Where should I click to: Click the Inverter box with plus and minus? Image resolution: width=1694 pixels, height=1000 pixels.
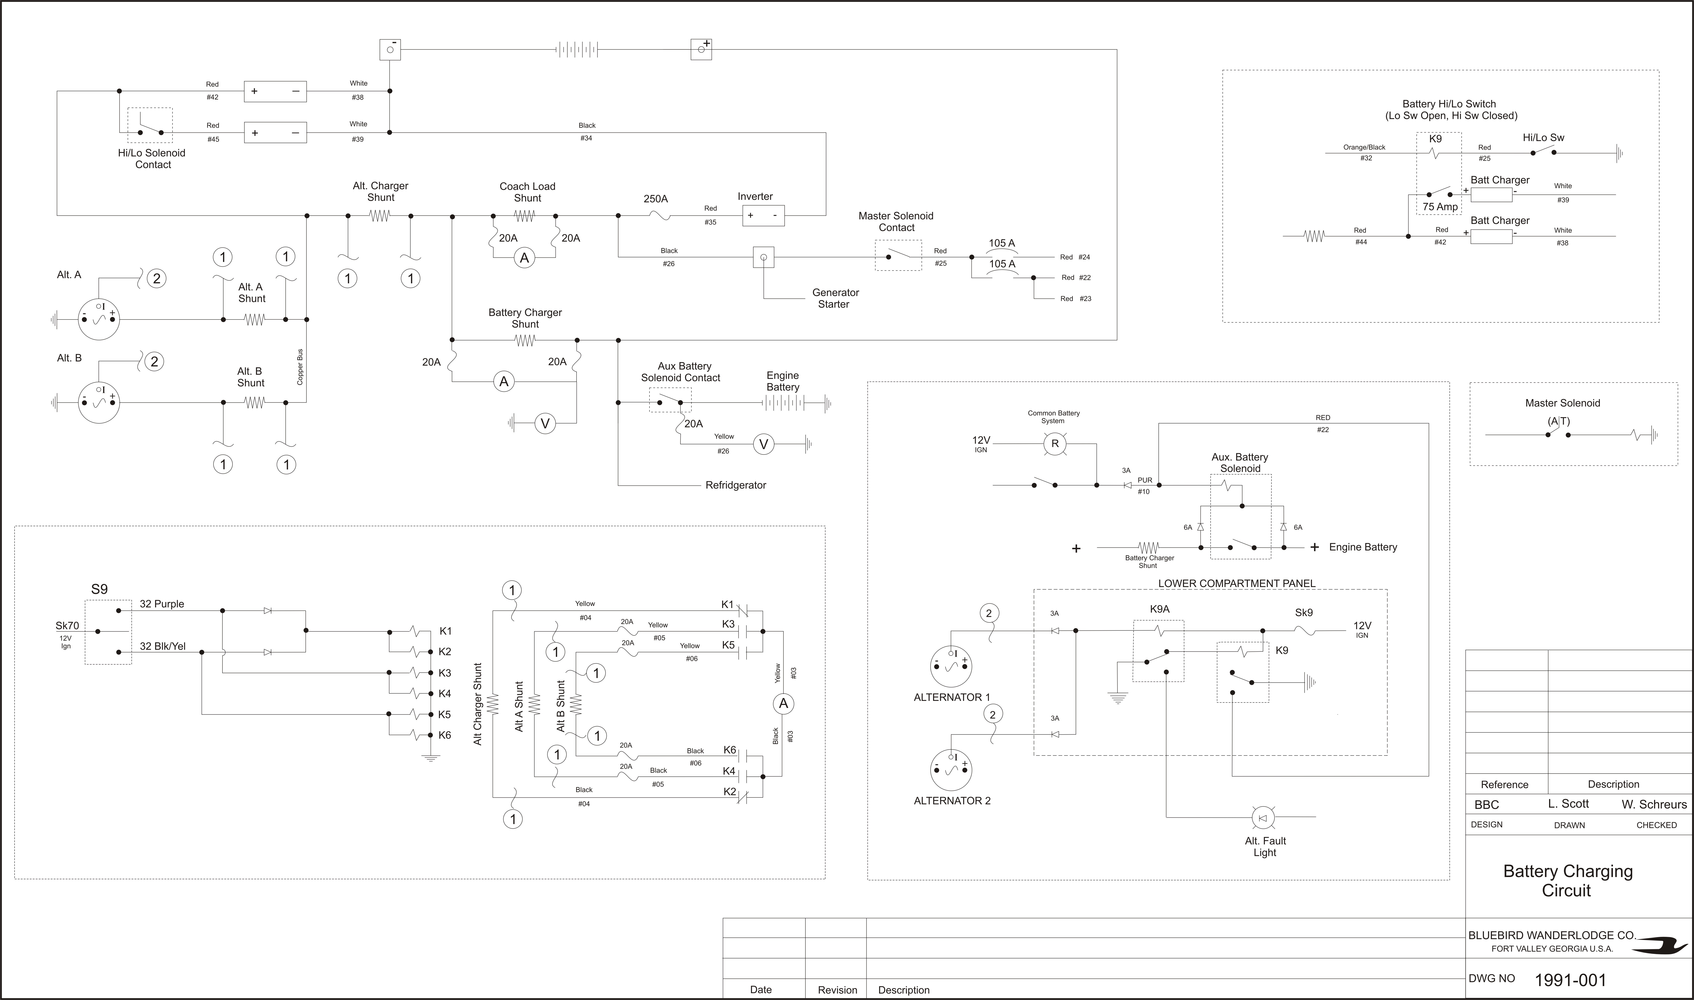(763, 216)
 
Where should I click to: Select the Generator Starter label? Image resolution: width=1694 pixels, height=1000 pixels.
(835, 299)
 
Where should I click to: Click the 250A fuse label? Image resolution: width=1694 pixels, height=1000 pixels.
(656, 199)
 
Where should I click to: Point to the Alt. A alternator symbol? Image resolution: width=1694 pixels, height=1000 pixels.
(99, 319)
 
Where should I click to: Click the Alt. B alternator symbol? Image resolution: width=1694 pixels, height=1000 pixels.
(99, 402)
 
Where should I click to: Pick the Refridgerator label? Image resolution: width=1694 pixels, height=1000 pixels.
(736, 485)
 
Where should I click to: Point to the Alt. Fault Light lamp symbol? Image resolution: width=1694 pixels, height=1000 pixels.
(1262, 817)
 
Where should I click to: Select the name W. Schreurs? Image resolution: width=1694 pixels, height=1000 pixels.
(1654, 804)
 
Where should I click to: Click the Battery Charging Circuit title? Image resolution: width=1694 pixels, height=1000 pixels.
(1568, 881)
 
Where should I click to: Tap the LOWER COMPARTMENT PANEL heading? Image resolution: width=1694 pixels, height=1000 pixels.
(1237, 584)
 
